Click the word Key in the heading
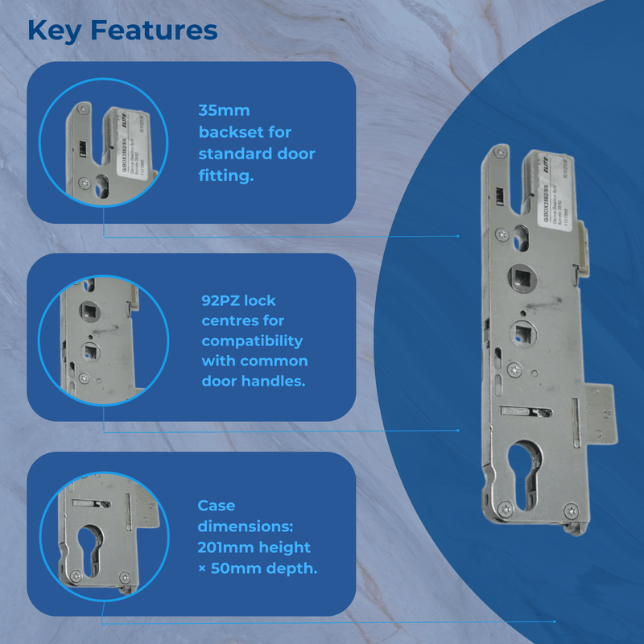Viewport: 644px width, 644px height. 55,30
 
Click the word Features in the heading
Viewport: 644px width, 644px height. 154,30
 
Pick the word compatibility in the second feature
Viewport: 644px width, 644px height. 251,341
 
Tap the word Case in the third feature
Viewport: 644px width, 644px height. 217,506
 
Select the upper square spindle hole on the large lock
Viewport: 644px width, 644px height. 518,279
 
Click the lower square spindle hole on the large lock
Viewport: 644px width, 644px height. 524,330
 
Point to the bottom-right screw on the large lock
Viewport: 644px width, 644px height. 570,509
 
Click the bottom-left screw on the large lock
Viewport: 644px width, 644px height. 504,507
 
